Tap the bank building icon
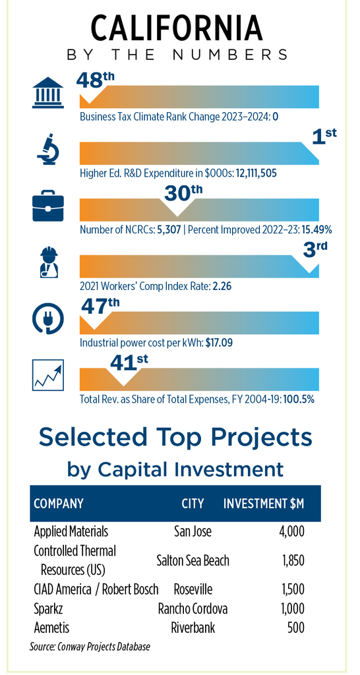pos(47,93)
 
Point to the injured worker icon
pos(47,263)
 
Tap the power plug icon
pos(47,319)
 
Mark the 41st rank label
pos(129,361)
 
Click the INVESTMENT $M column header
pos(264,503)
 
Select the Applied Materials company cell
pos(71,531)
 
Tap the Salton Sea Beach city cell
pos(193,560)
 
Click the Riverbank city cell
pos(193,628)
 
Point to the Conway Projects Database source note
pos(90,647)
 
